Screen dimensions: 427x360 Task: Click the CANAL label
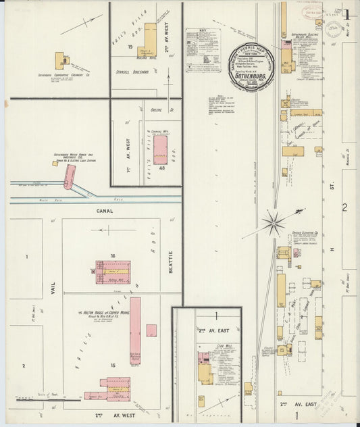point(104,211)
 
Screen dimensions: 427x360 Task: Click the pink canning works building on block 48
point(161,150)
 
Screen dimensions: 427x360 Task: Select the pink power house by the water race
point(69,176)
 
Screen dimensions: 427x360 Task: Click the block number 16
point(114,255)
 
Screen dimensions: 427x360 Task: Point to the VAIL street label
point(52,290)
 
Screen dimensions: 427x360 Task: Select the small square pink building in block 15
point(151,330)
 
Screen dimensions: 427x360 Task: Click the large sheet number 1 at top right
point(346,14)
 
